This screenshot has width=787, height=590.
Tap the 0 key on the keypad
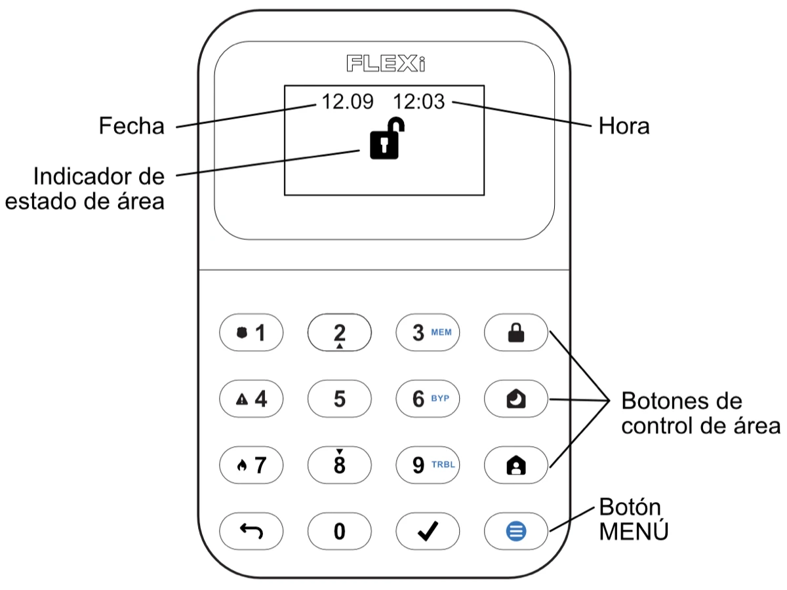(339, 531)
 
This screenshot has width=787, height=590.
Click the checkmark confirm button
(428, 531)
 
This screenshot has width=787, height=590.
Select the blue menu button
(517, 531)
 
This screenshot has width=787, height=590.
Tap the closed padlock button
(517, 333)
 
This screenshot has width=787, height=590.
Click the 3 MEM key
(428, 333)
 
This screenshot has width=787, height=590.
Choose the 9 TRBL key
(428, 465)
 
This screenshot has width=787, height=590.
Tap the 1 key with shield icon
(251, 333)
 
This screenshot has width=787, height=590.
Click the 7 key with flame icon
(251, 465)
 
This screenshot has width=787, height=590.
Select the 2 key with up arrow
(339, 333)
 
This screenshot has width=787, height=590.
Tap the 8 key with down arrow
(339, 465)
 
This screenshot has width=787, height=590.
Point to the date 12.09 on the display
(347, 102)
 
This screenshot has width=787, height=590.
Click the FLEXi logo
(386, 64)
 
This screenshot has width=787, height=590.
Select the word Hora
(624, 127)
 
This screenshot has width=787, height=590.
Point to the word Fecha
(131, 126)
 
